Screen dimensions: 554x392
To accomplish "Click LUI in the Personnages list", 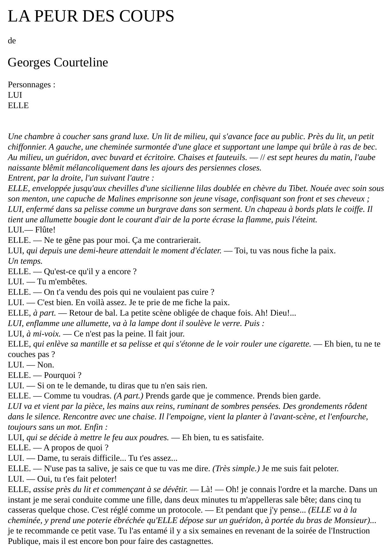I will point(15,95).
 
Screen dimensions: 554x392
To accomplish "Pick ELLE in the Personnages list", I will point(18,106).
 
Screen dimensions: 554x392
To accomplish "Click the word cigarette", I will point(295,344).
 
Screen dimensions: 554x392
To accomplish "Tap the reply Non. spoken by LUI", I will point(46,365).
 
